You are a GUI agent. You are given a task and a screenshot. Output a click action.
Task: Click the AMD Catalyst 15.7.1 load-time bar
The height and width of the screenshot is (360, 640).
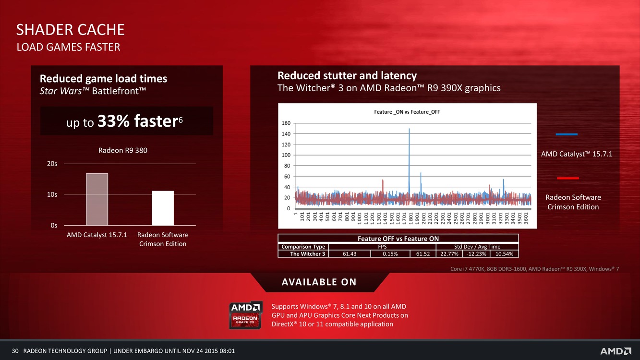click(97, 199)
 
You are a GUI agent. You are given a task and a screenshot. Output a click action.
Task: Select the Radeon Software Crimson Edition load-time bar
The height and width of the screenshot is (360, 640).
click(163, 208)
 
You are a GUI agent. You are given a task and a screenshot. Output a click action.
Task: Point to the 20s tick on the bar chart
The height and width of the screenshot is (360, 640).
click(52, 164)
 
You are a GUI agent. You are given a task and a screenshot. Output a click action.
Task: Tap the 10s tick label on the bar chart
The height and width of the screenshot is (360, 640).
click(52, 194)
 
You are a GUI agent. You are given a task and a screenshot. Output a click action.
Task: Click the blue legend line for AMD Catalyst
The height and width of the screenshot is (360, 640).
click(567, 134)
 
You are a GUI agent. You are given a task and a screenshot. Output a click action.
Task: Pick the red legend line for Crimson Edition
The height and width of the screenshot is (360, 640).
click(568, 178)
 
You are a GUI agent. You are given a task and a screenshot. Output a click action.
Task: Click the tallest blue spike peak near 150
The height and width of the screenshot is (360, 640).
click(409, 129)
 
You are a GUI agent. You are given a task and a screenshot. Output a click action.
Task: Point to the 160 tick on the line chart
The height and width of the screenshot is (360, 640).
click(286, 123)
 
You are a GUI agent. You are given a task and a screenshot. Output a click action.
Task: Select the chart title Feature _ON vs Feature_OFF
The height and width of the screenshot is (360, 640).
click(407, 112)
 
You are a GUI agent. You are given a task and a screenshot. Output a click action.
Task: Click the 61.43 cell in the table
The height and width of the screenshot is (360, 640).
click(350, 254)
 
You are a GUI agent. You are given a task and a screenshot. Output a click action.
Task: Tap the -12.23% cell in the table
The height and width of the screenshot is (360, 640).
click(476, 254)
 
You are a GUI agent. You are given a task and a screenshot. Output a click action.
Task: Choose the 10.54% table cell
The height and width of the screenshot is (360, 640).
click(504, 254)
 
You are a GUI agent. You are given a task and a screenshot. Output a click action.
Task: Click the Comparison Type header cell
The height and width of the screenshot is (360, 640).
click(303, 247)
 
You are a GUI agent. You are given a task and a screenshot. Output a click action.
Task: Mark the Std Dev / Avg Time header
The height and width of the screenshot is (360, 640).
click(477, 247)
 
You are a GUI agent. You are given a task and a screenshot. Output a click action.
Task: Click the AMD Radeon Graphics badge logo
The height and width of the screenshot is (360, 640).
click(245, 315)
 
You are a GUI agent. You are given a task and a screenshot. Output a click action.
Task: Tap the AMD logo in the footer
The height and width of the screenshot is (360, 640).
click(616, 351)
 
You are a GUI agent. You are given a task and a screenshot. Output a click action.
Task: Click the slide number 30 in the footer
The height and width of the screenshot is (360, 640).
click(15, 351)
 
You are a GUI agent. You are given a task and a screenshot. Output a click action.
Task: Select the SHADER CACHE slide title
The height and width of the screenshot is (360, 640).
click(70, 30)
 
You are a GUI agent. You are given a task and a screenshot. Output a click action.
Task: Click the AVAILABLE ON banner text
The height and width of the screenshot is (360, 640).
click(319, 282)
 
